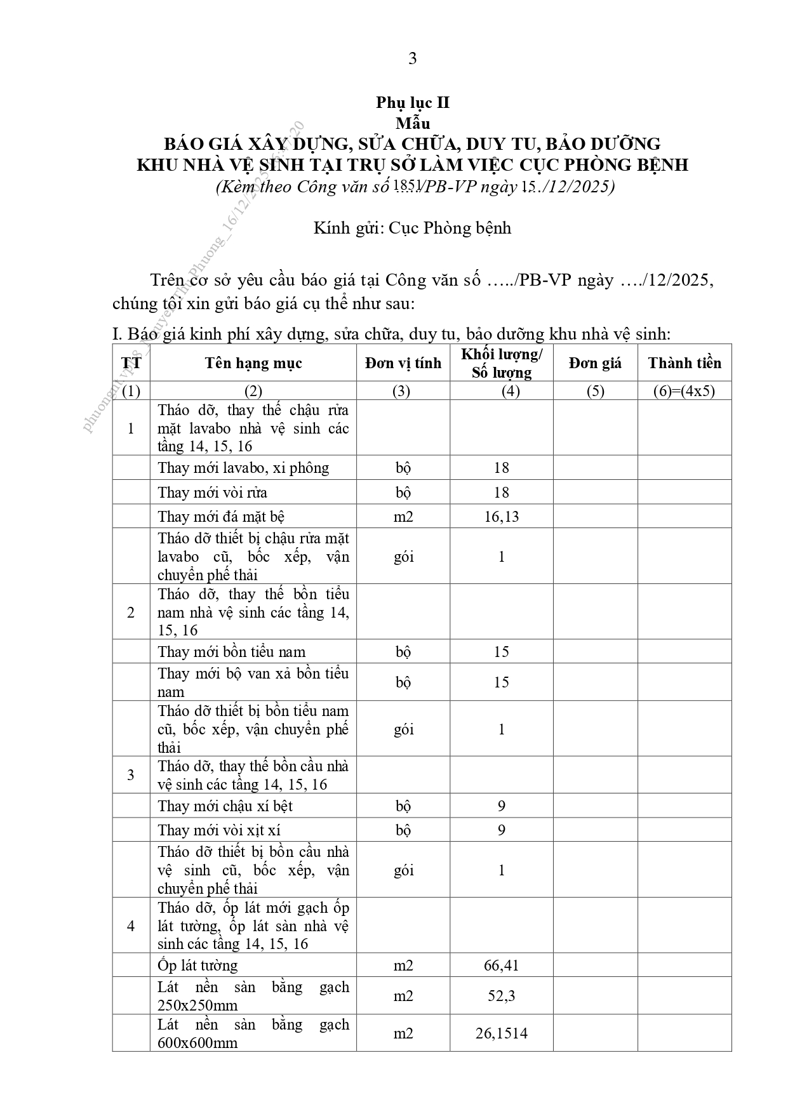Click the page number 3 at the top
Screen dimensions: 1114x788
[x=413, y=58]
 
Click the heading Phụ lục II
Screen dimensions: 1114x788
[x=412, y=103]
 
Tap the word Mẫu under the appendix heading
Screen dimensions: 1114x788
[x=412, y=123]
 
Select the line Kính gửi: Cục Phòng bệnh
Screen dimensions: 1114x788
[x=412, y=228]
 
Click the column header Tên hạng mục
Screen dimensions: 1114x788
[x=253, y=363]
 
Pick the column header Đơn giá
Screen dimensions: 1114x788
[x=595, y=363]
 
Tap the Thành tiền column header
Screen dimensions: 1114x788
[x=684, y=363]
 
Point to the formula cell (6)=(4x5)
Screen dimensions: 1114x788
[x=684, y=391]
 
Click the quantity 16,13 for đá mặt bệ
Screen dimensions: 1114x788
[x=501, y=517]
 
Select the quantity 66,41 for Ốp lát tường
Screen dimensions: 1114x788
[x=501, y=965]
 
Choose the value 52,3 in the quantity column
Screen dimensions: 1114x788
[x=501, y=996]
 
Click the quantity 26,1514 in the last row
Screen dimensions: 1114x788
[x=501, y=1033]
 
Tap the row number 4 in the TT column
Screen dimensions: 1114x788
[x=131, y=925]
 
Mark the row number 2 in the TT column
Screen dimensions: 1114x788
[x=131, y=612]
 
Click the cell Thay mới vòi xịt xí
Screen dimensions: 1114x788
[x=219, y=830]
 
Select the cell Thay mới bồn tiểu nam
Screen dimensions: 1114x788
[x=232, y=652]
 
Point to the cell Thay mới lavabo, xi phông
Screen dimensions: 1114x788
[x=243, y=468]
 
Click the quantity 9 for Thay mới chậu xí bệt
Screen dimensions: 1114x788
[x=501, y=806]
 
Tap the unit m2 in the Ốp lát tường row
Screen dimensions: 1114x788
[x=403, y=965]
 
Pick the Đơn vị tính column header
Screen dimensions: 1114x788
[x=403, y=363]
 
